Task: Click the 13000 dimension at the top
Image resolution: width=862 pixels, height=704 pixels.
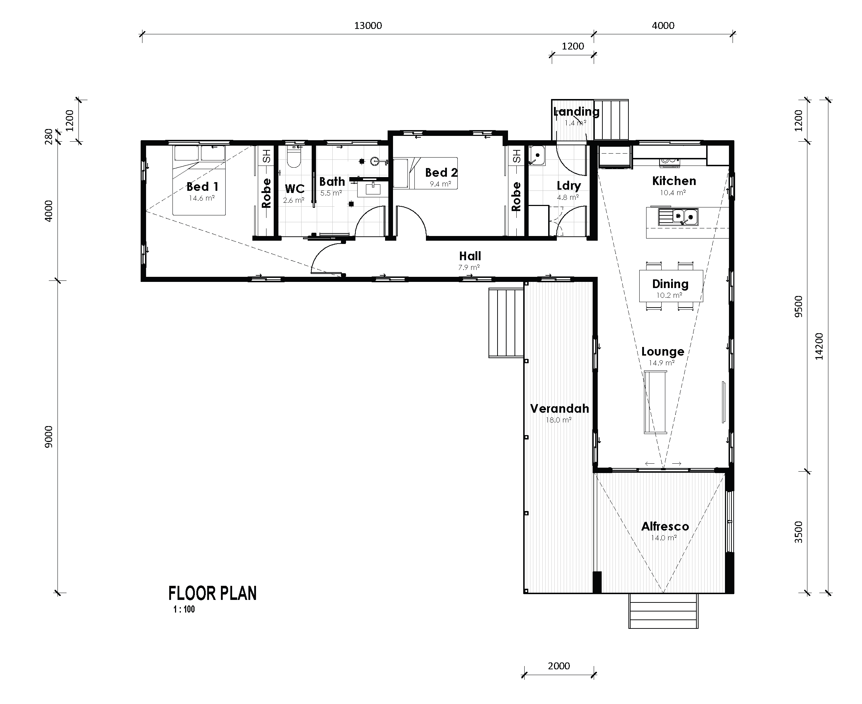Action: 368,26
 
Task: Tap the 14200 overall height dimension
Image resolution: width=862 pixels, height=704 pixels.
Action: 819,346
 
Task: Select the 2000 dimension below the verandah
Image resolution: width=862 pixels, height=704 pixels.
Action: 559,666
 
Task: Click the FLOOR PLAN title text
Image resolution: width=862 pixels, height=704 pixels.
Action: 212,593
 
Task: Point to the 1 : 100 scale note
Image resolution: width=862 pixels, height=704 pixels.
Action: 184,609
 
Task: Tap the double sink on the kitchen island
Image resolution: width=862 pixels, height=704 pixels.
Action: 685,216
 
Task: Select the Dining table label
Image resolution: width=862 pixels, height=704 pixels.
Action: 670,284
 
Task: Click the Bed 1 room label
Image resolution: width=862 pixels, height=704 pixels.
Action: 202,186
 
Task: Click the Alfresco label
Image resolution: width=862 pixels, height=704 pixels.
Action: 665,527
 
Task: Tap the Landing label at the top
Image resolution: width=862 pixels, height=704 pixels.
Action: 576,112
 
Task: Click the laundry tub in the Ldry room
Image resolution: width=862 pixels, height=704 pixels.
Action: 537,156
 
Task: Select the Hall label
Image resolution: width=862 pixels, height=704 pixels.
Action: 470,256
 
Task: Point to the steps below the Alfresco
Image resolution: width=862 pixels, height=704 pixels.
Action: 663,611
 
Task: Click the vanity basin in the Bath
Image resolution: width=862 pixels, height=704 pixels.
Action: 373,189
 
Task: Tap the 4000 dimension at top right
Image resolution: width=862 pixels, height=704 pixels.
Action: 663,26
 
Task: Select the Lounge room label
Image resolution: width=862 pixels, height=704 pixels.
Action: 662,351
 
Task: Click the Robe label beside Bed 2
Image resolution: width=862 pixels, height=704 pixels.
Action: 516,197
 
